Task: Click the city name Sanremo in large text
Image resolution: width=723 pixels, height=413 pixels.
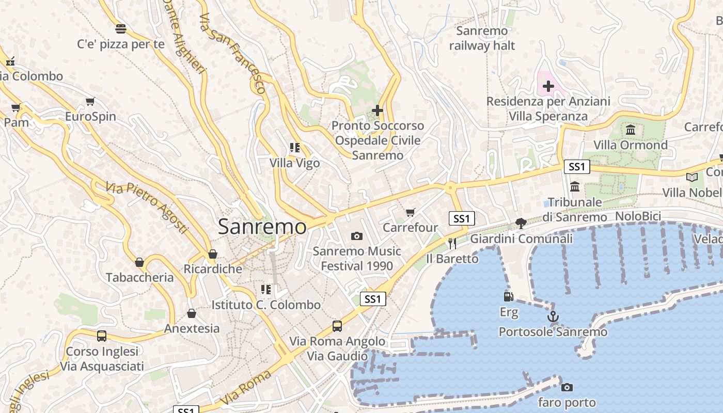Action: (x=262, y=227)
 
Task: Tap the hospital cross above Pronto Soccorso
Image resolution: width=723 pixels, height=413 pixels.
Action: (x=378, y=110)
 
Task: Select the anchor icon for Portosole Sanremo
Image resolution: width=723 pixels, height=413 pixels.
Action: (x=553, y=316)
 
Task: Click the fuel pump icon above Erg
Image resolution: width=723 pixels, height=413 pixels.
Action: (x=509, y=297)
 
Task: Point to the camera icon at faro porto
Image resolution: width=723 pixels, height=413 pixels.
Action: (x=567, y=387)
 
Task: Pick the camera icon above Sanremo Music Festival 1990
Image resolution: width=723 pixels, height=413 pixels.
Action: (x=356, y=236)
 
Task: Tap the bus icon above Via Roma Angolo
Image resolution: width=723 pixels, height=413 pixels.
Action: (x=337, y=326)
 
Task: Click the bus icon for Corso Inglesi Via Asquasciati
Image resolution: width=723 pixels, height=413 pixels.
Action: (x=102, y=336)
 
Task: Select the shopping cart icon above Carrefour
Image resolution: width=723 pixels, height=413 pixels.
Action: (x=411, y=212)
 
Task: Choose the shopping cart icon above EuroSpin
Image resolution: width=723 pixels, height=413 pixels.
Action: (x=90, y=101)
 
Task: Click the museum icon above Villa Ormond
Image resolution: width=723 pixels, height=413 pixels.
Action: (x=630, y=130)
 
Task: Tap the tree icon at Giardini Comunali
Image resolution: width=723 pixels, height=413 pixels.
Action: (x=521, y=224)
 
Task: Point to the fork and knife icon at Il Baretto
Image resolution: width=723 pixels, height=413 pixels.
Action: (x=452, y=243)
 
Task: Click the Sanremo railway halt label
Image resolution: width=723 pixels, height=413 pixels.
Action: (x=482, y=38)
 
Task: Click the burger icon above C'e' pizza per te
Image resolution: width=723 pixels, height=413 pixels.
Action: (x=121, y=28)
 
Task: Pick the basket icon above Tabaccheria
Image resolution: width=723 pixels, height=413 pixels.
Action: (x=139, y=262)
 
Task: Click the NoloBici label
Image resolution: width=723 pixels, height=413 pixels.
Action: (x=638, y=216)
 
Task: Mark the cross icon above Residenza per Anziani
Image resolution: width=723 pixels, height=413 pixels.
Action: (x=548, y=86)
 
